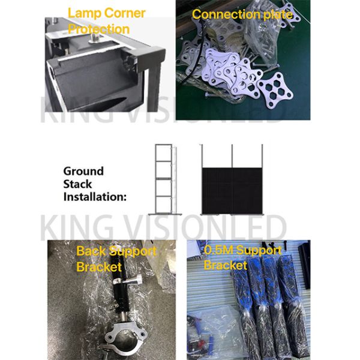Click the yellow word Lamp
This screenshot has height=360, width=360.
pyautogui.click(x=84, y=14)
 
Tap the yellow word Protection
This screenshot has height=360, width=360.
pyautogui.click(x=99, y=29)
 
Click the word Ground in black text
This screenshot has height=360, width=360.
pyautogui.click(x=83, y=171)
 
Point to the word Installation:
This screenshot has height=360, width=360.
pyautogui.click(x=95, y=197)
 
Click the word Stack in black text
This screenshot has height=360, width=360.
pyautogui.click(x=77, y=184)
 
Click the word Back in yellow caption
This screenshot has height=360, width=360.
pyautogui.click(x=91, y=251)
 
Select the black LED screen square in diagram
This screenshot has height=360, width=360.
pyautogui.click(x=232, y=191)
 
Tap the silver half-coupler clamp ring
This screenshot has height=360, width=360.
pyautogui.click(x=125, y=335)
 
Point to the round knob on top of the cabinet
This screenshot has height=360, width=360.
pyautogui.click(x=94, y=38)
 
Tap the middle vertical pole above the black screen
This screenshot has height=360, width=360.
pyautogui.click(x=232, y=156)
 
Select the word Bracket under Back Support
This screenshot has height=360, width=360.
pyautogui.click(x=99, y=267)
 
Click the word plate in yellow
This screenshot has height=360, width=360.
pyautogui.click(x=278, y=15)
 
